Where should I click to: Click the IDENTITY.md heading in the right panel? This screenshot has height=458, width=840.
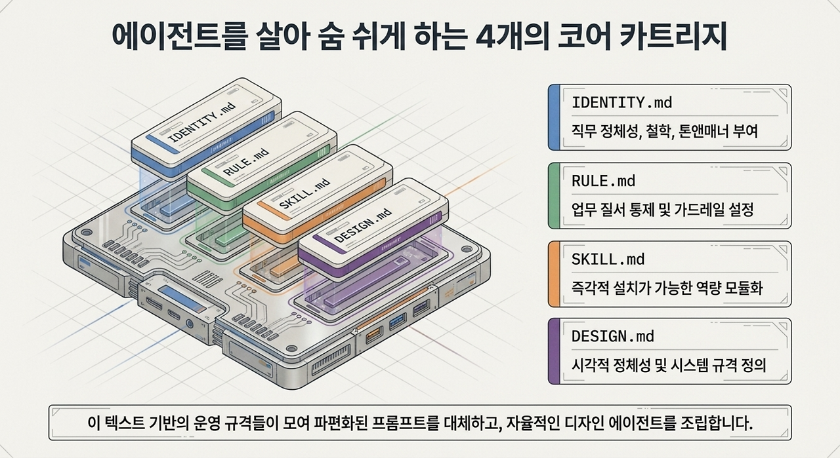point(621,103)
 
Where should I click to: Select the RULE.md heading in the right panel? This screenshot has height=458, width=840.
point(603,181)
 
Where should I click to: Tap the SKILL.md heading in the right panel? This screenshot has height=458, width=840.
point(608,259)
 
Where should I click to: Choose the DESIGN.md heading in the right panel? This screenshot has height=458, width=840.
point(612,336)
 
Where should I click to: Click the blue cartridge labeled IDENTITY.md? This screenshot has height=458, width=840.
point(206,129)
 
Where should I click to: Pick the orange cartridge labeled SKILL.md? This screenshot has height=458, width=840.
point(318,195)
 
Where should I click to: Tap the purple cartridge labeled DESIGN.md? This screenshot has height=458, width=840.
point(373,229)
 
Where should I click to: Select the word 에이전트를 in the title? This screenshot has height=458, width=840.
point(180,37)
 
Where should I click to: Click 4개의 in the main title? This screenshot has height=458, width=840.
point(509,37)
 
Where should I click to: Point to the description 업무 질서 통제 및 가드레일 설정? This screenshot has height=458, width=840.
point(662,209)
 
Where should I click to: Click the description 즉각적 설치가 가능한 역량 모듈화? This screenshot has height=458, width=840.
point(667,288)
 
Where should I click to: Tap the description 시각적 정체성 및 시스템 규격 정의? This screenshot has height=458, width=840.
point(668,365)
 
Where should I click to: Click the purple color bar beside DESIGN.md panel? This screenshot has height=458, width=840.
point(554,351)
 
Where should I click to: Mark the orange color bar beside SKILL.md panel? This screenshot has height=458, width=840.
point(554,274)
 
